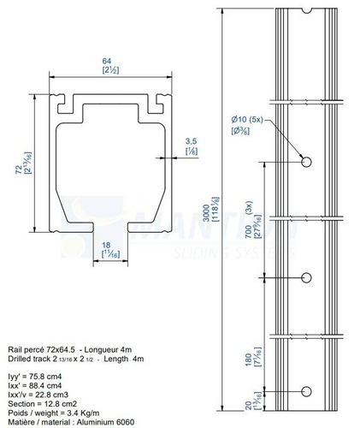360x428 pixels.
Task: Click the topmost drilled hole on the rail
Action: pos(306,162)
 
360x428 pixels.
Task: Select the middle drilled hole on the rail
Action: pos(306,276)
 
